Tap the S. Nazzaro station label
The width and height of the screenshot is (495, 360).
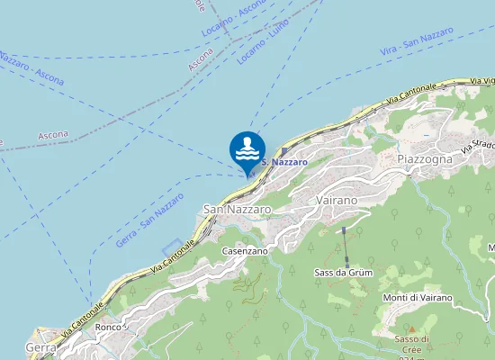284,162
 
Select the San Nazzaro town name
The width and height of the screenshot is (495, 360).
237,209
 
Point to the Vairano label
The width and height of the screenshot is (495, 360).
337,199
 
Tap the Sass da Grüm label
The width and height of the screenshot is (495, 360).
344,271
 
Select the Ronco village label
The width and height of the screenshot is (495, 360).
108,327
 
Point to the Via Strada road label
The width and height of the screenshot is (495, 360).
478,144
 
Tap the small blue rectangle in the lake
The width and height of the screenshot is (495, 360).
177,246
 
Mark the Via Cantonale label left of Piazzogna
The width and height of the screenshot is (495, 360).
413,93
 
